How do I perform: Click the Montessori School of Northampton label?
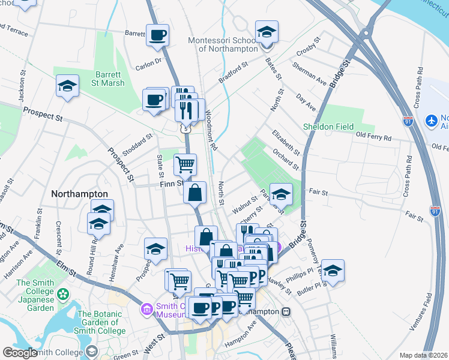[223, 44]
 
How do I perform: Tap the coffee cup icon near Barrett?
[158, 35]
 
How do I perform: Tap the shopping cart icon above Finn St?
[185, 164]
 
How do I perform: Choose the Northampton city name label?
[79, 194]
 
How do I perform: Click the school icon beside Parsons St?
[281, 194]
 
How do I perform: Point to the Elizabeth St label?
[285, 142]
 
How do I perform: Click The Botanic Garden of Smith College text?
[100, 322]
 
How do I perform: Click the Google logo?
[20, 353]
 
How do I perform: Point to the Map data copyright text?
[424, 355]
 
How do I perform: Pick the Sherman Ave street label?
[310, 77]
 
